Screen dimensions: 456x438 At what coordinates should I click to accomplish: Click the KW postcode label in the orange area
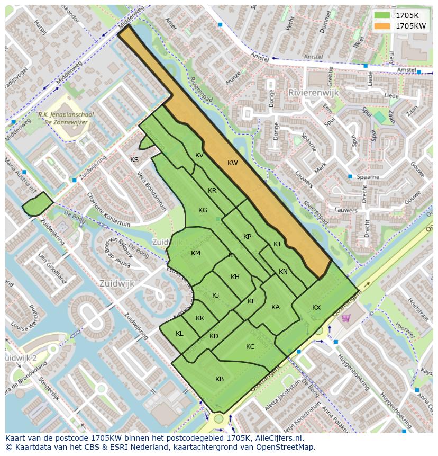click(233, 163)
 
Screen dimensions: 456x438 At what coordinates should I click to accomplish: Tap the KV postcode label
click(199, 155)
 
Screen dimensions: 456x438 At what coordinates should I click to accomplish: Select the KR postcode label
click(212, 191)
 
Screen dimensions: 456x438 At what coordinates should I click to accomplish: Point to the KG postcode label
click(203, 210)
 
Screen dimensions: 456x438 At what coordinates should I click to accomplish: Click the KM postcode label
click(196, 253)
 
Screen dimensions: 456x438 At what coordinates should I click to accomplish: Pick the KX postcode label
click(316, 308)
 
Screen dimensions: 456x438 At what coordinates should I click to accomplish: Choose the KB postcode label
click(220, 379)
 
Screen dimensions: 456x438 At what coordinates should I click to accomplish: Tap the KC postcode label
click(250, 347)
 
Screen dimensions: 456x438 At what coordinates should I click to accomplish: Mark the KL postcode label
click(179, 334)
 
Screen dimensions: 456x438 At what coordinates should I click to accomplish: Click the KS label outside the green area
click(134, 159)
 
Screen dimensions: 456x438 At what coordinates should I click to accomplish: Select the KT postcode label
click(277, 244)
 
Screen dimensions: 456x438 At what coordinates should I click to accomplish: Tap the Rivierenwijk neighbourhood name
click(313, 92)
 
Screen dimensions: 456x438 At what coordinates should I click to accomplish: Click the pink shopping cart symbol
click(346, 318)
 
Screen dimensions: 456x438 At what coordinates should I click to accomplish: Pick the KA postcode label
click(276, 307)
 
